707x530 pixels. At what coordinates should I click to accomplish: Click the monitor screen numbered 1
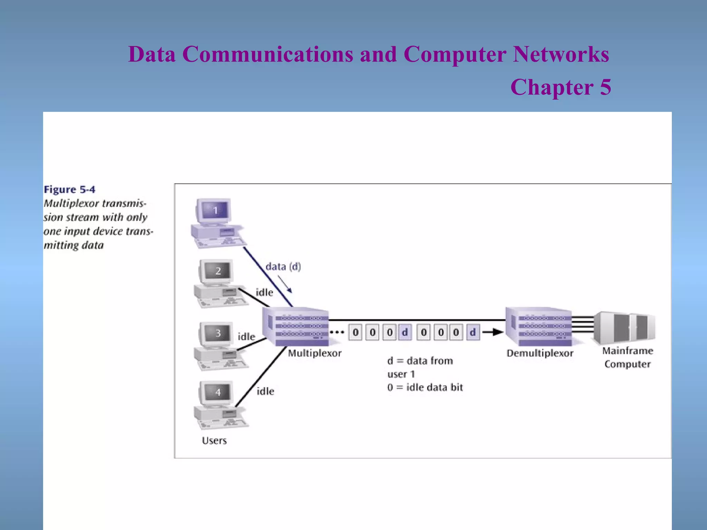tap(215, 210)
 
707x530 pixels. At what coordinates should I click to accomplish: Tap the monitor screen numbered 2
tap(218, 271)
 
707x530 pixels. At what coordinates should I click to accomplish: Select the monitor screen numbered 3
tap(218, 333)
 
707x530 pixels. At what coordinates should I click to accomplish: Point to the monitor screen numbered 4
tap(218, 392)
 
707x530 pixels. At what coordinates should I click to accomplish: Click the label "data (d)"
tap(283, 267)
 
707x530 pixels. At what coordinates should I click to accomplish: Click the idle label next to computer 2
tap(264, 293)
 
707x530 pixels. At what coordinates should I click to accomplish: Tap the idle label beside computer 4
tap(265, 391)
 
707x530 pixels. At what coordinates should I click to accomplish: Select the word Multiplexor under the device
tap(314, 353)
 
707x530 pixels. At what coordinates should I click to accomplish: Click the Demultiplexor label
tap(540, 353)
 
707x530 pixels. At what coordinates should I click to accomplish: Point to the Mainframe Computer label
tap(628, 357)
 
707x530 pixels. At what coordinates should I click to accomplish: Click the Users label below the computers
tap(214, 441)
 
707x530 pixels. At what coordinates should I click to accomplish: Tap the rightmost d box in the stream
tap(473, 332)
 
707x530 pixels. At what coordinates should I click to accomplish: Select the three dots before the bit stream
tap(337, 333)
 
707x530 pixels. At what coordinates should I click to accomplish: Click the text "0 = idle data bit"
tap(425, 387)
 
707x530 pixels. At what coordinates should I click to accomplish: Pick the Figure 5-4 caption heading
tap(69, 189)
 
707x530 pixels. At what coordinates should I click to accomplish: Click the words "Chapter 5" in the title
tap(561, 87)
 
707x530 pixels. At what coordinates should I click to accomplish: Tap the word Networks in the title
tap(561, 54)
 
